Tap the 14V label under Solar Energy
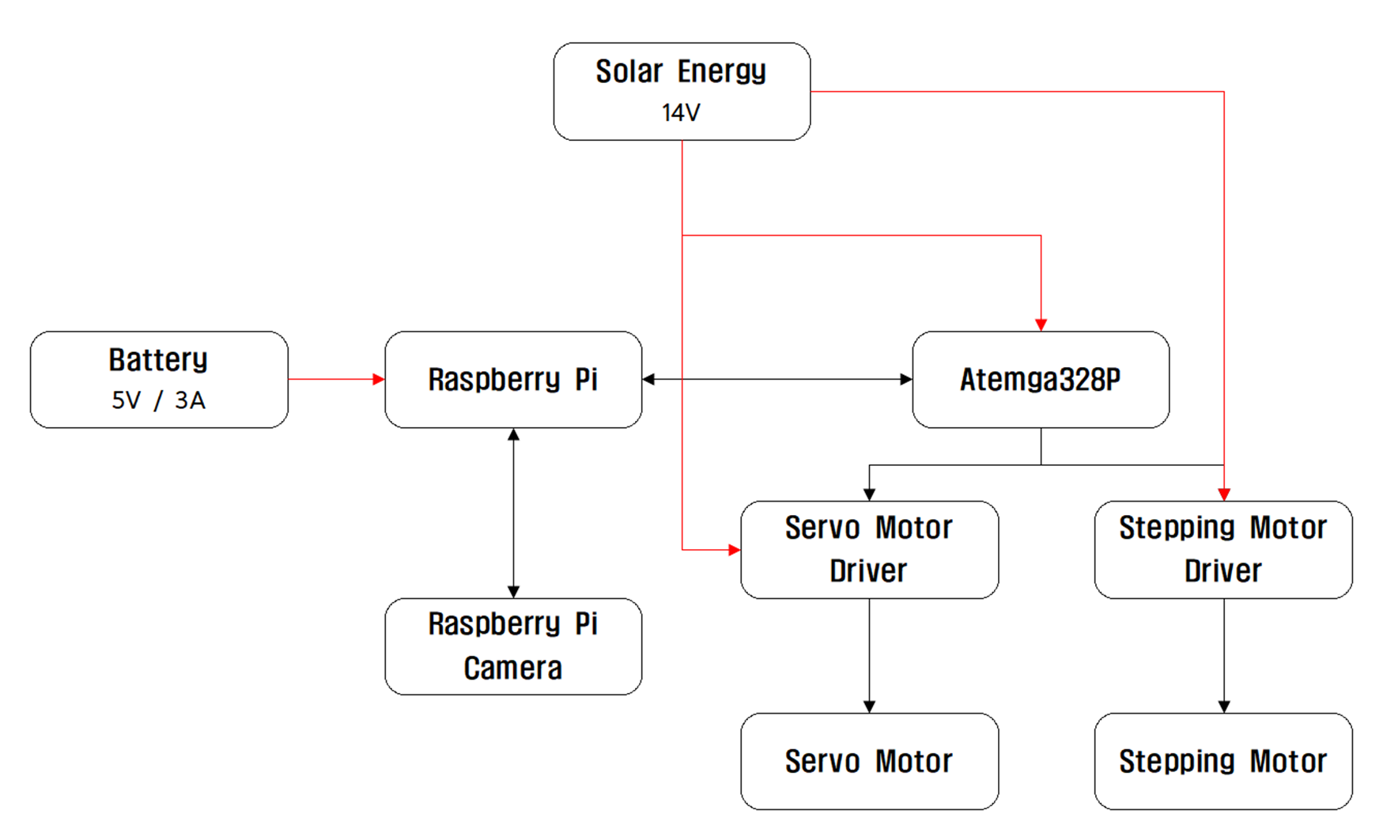[x=681, y=113]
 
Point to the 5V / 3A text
[x=158, y=400]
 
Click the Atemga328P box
[x=1040, y=380]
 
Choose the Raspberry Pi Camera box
[x=512, y=646]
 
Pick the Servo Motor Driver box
[x=868, y=550]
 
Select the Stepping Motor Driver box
[x=1222, y=550]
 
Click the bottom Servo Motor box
[x=868, y=761]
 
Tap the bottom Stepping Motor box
[x=1222, y=761]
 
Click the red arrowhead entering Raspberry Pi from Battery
[x=379, y=380]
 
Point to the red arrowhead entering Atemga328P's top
[x=1041, y=325]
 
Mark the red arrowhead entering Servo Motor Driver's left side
[x=735, y=549]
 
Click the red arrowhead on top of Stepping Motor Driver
[x=1224, y=494]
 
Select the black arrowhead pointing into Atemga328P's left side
[x=906, y=380]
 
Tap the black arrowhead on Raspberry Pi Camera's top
[x=513, y=592]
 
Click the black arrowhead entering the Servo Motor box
[x=869, y=706]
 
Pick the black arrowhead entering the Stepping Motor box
[x=1224, y=706]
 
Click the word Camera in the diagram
[x=512, y=668]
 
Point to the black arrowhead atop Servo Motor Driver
[x=869, y=494]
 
